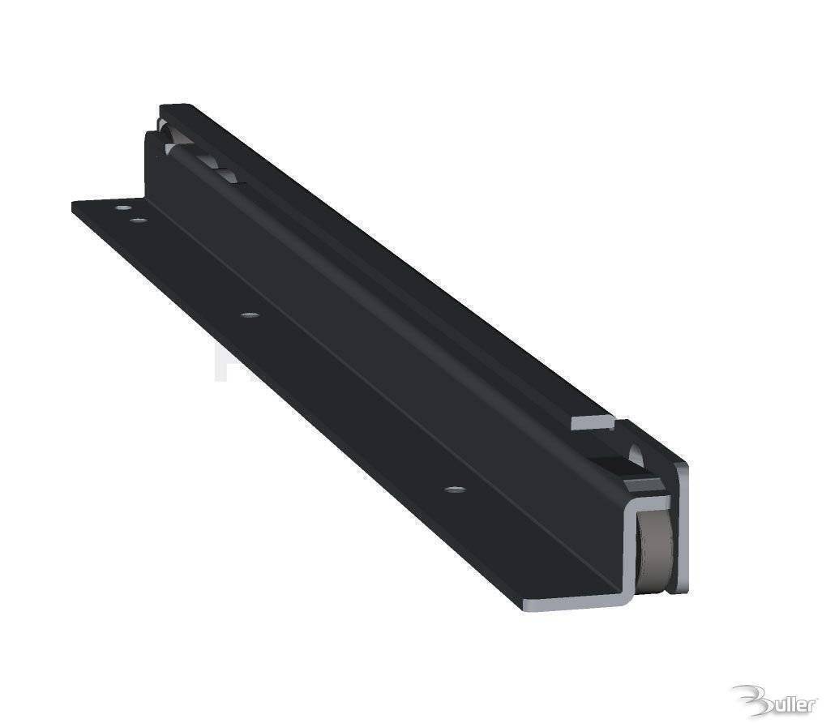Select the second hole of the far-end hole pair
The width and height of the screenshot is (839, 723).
[139, 220]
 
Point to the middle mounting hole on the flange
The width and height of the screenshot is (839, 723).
[251, 314]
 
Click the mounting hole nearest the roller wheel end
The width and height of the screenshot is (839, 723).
[455, 490]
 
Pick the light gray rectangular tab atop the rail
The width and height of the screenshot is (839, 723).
[593, 421]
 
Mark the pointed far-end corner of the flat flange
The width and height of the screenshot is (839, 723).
[73, 203]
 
